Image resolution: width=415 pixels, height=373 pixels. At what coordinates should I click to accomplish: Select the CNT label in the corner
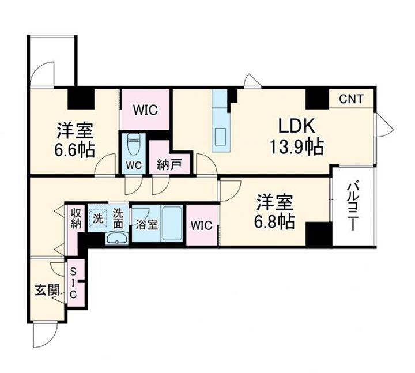[351, 99]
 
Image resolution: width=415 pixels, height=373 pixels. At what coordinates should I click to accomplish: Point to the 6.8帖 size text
[276, 222]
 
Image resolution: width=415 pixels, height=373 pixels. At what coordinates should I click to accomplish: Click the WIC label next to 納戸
[146, 109]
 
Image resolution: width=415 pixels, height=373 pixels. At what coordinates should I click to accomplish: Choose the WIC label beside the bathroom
[201, 225]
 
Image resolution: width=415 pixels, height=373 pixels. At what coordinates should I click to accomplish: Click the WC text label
[134, 165]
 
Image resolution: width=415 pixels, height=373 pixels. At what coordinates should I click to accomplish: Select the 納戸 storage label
[169, 165]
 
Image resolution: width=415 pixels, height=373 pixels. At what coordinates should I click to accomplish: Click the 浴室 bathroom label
[146, 225]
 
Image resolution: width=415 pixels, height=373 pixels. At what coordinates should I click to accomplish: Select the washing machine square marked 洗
[99, 219]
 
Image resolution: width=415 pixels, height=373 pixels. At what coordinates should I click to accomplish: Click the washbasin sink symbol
[119, 239]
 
